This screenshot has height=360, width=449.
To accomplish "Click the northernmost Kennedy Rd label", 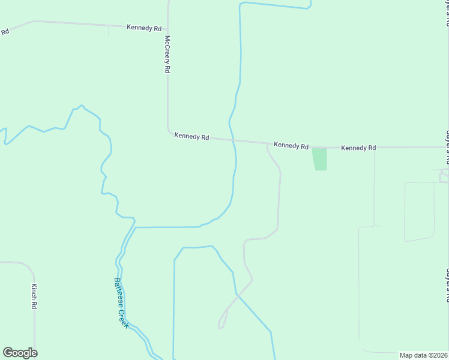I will coord(145,28).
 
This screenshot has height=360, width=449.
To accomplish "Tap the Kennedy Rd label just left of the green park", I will coord(291,146).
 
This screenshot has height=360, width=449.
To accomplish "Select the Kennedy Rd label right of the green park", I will coord(358,148).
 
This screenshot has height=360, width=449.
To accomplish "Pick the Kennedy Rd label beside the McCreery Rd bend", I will coord(191,137).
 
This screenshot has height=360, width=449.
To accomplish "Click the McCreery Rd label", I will coord(167,53).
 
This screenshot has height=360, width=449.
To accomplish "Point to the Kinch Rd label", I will coord(35,296).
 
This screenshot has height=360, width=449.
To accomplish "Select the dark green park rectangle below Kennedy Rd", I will coord(320,159).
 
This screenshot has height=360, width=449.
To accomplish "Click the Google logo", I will coord(20,353).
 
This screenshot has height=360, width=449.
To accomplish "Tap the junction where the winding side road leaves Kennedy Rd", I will coord(267,144).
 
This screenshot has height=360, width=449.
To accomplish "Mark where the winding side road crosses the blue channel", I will coord(238,293).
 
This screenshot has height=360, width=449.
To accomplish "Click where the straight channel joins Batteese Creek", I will coord(135,227).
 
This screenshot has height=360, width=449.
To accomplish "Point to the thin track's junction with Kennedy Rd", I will coord(375,148).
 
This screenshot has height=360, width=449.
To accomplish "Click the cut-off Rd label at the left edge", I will coord(5,31).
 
